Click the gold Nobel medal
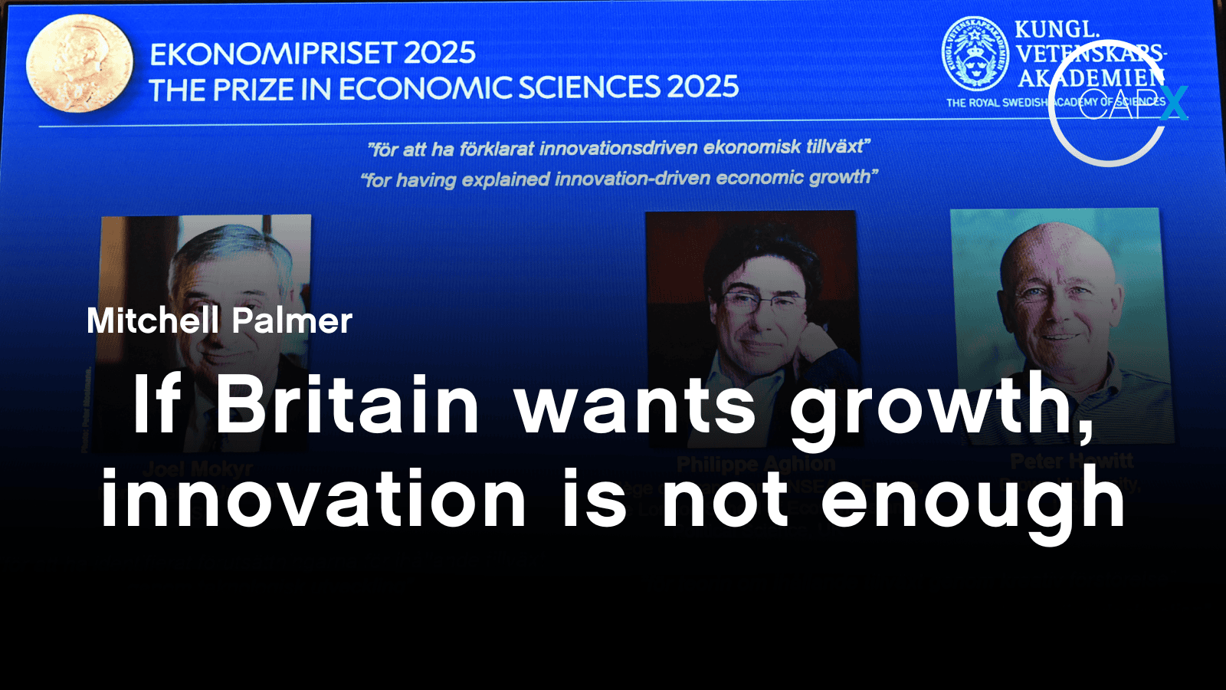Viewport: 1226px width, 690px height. (79, 64)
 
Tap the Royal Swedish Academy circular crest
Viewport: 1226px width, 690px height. (975, 54)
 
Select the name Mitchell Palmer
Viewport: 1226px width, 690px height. (219, 320)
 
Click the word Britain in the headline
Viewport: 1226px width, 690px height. (346, 405)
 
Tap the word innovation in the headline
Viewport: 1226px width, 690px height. (313, 500)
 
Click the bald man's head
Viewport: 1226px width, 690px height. (1054, 261)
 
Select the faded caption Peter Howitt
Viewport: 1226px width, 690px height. (1071, 461)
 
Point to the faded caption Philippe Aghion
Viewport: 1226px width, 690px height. (756, 464)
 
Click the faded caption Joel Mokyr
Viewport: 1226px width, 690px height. (198, 468)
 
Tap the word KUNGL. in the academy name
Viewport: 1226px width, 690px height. (1057, 29)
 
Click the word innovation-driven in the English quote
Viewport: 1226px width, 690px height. (632, 179)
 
